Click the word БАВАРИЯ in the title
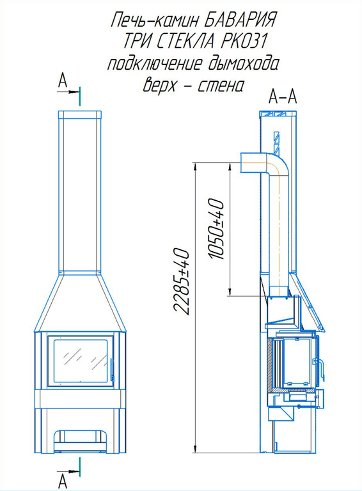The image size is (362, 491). click(238, 20)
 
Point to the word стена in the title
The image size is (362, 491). click(220, 85)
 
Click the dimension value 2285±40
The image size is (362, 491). click(181, 282)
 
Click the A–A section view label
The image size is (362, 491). click(283, 97)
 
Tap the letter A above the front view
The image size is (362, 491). click(63, 81)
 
